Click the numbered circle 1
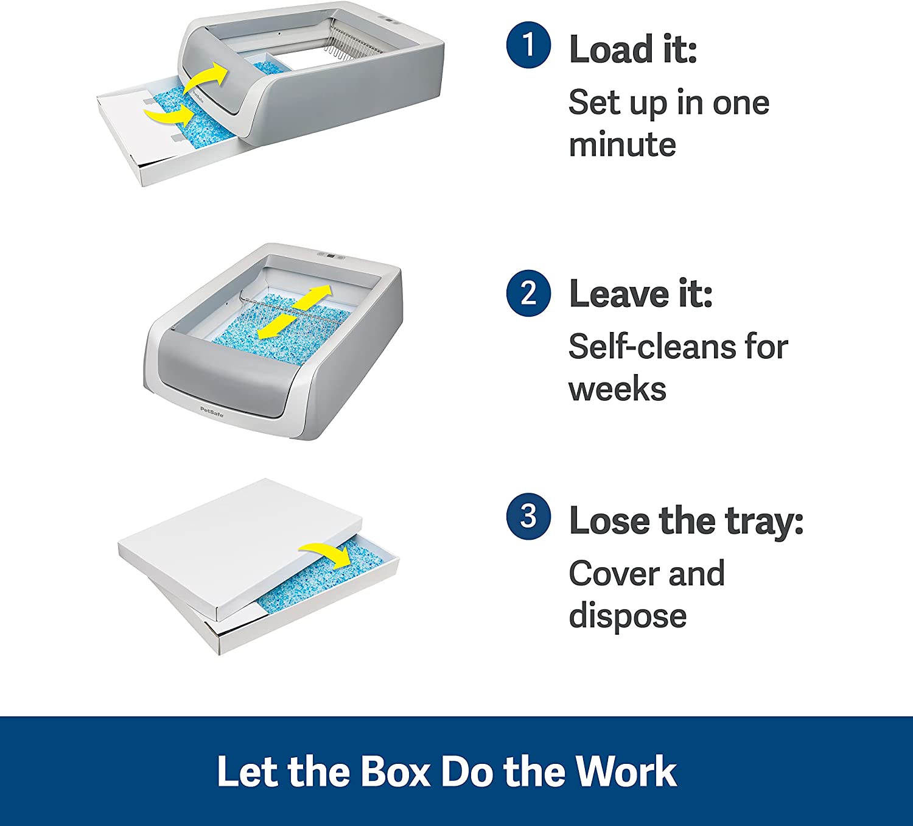coord(528,46)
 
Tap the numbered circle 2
coord(528,294)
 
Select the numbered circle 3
coord(528,517)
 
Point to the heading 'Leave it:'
coord(641,294)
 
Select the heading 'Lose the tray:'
coord(687,520)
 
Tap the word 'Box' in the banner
coord(394,771)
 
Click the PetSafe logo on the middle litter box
coord(212,411)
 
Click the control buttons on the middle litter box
coord(331,256)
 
